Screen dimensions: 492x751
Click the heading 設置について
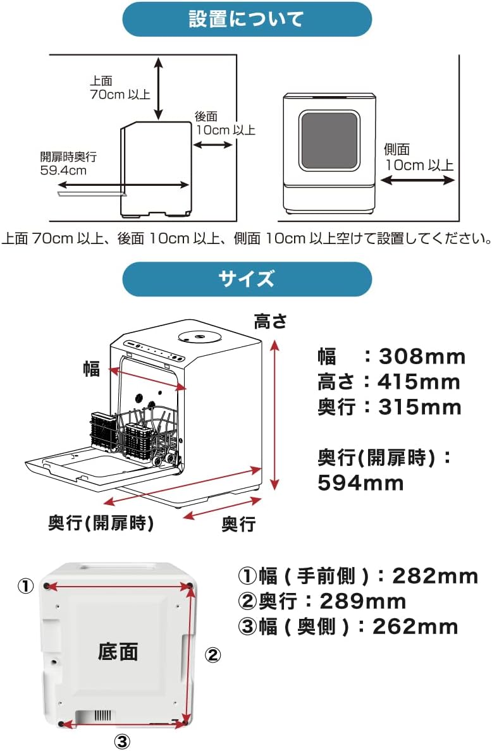coord(247,19)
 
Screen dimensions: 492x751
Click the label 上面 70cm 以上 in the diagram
coord(120,88)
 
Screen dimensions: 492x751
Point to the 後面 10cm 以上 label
coord(225,123)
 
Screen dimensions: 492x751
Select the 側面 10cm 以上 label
coord(419,157)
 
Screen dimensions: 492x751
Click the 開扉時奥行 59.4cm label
coord(68,163)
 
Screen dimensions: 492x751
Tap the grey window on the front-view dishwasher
coord(329,141)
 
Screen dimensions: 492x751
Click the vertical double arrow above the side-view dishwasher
coord(159,88)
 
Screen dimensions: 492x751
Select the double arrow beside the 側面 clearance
coord(417,180)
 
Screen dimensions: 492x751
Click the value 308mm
coord(422,357)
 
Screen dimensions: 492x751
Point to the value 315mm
coord(420,408)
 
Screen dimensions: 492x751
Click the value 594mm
coord(360,483)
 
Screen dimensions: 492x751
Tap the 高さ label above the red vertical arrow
coord(271,322)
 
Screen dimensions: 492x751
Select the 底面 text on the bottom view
coord(118,652)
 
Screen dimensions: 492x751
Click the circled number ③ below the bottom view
coord(122,742)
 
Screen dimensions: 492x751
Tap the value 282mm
coord(435,576)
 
